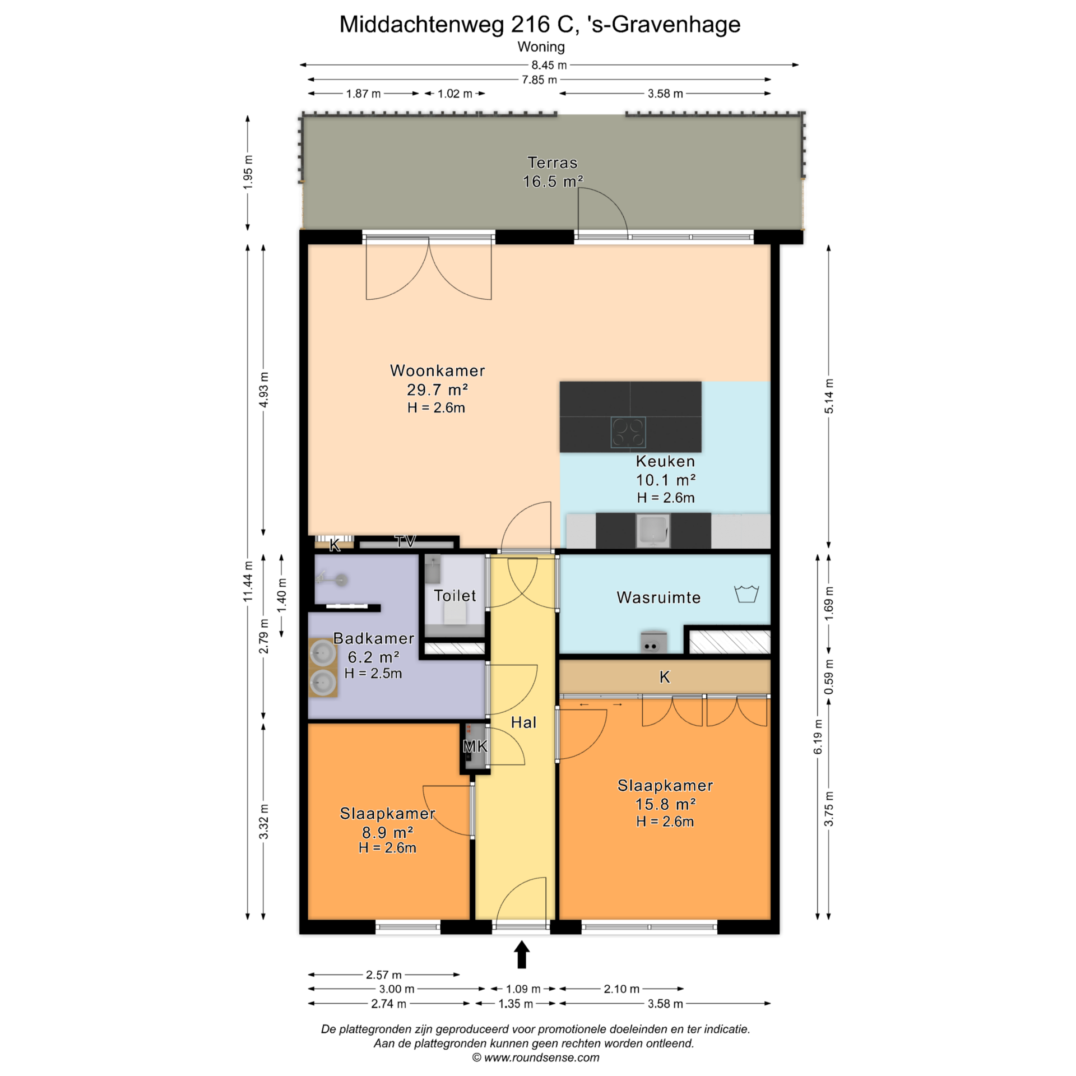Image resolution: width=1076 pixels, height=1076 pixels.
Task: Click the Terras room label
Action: pyautogui.click(x=552, y=163)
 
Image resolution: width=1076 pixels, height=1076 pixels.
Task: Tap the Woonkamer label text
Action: pyautogui.click(x=437, y=370)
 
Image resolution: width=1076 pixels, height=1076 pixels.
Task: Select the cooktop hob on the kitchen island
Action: pyautogui.click(x=628, y=433)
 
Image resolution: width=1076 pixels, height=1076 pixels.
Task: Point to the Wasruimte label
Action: pyautogui.click(x=658, y=597)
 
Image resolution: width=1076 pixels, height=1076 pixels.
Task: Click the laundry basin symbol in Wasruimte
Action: pyautogui.click(x=746, y=594)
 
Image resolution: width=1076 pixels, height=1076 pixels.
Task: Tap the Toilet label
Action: pyautogui.click(x=454, y=595)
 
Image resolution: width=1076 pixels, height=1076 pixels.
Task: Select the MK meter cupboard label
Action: pyautogui.click(x=475, y=746)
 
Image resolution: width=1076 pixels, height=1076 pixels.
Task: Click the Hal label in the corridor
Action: pyautogui.click(x=523, y=722)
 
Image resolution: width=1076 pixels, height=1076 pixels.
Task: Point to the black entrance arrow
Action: pyautogui.click(x=522, y=954)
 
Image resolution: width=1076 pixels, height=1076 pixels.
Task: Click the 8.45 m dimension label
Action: pyautogui.click(x=549, y=65)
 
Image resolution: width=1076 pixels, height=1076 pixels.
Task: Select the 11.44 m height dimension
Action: pyautogui.click(x=248, y=581)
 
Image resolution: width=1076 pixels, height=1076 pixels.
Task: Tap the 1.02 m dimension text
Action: pyautogui.click(x=454, y=94)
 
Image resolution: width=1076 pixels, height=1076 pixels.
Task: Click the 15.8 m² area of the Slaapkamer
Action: pyautogui.click(x=665, y=804)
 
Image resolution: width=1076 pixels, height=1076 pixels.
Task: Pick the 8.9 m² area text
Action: pyautogui.click(x=388, y=832)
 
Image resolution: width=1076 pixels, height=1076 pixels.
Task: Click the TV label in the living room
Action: pyautogui.click(x=405, y=541)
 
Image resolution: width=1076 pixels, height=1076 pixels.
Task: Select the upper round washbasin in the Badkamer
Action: pyautogui.click(x=323, y=652)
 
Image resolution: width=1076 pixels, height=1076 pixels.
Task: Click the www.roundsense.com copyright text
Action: pyautogui.click(x=536, y=1058)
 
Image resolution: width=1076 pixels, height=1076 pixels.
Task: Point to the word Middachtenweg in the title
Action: pyautogui.click(x=423, y=25)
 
